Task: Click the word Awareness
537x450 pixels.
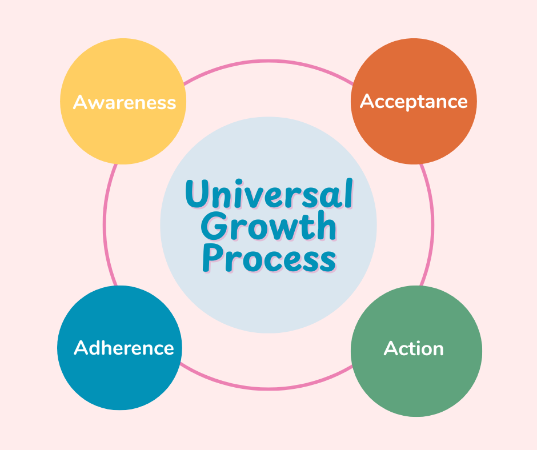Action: [124, 103]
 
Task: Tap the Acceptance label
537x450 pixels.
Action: [414, 102]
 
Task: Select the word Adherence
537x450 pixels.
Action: [124, 348]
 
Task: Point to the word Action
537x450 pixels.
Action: [414, 348]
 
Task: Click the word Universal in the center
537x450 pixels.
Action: [268, 195]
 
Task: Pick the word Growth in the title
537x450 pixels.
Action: [268, 227]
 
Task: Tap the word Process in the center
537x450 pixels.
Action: [268, 259]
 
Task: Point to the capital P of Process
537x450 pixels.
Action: [212, 259]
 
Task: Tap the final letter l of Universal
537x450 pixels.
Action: [347, 194]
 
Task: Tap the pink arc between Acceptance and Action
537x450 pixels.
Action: [432, 224]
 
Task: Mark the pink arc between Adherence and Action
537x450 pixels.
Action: [268, 389]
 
